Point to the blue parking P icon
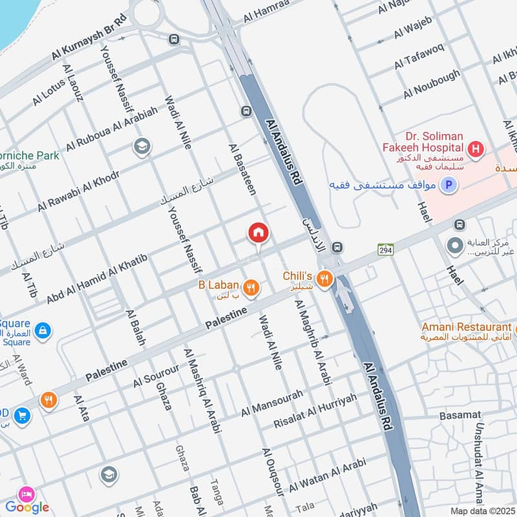(x=447, y=186)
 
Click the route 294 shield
(x=386, y=248)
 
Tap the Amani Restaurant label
(x=465, y=327)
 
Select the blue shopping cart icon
(x=21, y=415)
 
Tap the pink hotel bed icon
(x=27, y=493)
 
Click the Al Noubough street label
(x=432, y=84)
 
